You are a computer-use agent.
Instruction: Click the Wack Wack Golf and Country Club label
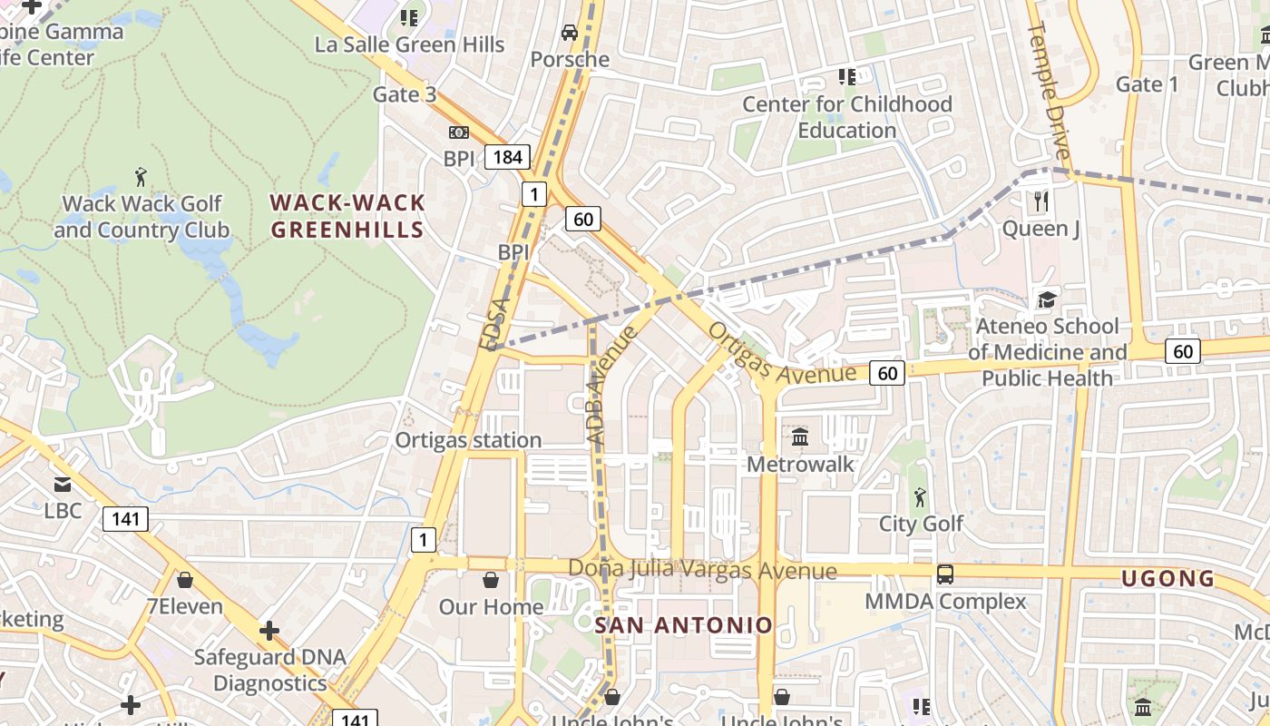(142, 217)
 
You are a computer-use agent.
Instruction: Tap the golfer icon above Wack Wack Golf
(141, 175)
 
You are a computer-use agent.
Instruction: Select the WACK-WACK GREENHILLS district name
(347, 216)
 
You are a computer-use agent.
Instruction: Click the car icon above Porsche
(570, 33)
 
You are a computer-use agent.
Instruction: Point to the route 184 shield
(507, 157)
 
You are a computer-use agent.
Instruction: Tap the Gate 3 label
(405, 94)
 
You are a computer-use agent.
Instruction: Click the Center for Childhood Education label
(847, 117)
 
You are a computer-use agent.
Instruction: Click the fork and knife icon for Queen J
(1041, 201)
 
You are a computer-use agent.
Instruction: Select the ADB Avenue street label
(611, 386)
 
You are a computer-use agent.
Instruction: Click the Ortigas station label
(468, 440)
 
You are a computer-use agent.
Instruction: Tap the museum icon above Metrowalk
(800, 437)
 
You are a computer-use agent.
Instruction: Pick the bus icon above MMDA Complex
(945, 574)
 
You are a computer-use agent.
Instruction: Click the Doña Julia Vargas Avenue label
(702, 570)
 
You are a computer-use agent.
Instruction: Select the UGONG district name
(1167, 578)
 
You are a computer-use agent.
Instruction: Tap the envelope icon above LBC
(63, 485)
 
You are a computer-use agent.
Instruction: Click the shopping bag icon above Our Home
(491, 579)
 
